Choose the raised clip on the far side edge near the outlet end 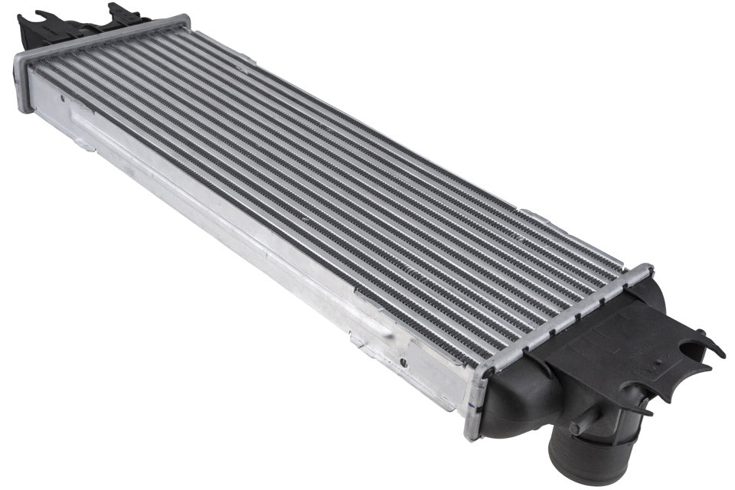point(528,212)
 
